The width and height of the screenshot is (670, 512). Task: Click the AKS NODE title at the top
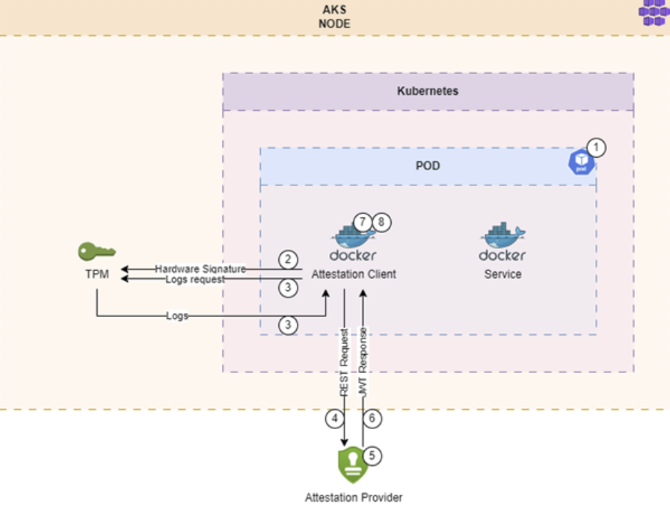coord(334,16)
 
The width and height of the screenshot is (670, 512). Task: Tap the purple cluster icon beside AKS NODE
coord(654,11)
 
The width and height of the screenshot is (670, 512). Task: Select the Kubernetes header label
coord(428,91)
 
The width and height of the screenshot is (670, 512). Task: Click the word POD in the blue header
coord(428,166)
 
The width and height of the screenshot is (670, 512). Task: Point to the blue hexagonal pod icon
coord(581,162)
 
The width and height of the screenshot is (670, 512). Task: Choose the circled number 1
coord(596,148)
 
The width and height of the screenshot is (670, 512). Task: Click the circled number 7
coord(363,222)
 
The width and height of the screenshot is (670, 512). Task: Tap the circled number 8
coord(381,222)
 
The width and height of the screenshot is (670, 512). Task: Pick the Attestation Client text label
coord(354,274)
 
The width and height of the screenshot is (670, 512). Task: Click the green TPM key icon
coord(96,251)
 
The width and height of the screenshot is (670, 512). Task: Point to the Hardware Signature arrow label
coord(200,269)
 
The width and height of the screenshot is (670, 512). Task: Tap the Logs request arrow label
coord(195,280)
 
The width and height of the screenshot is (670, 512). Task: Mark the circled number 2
coord(288,259)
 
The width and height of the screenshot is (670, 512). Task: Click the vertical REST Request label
coord(344,362)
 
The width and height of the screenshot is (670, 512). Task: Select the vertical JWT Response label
coord(363,362)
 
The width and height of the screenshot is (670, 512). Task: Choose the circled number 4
coord(334,418)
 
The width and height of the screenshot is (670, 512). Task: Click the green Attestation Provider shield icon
coord(352,465)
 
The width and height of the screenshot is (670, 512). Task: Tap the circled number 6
coord(372,418)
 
